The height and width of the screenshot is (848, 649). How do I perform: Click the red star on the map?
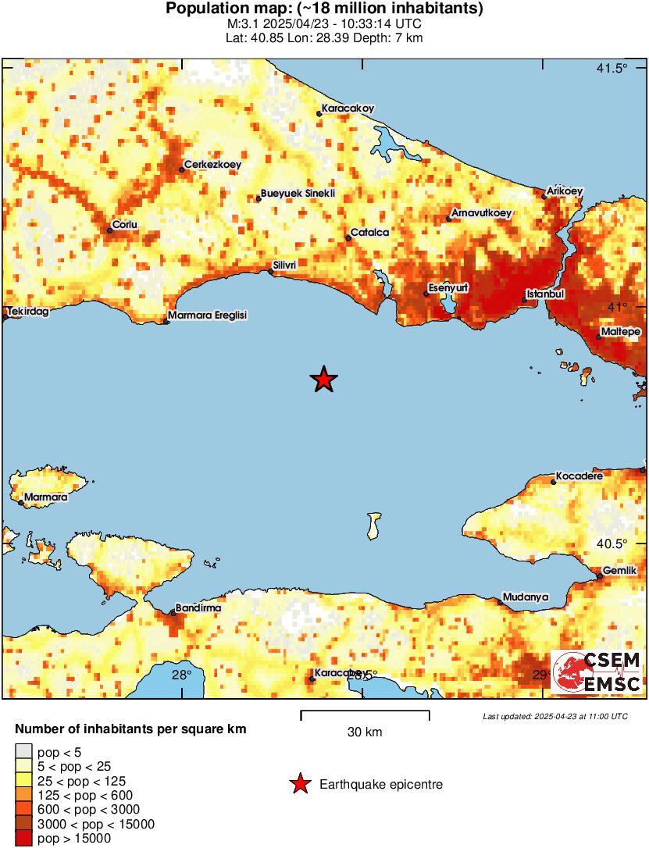click(323, 379)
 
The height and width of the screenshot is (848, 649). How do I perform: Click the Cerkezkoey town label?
click(212, 165)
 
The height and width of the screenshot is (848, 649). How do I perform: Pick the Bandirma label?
click(198, 607)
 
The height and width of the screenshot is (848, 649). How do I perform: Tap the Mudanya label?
click(526, 597)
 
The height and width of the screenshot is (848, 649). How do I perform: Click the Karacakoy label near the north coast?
click(348, 109)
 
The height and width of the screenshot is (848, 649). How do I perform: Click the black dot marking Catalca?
click(348, 238)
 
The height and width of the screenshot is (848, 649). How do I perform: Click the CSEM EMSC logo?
click(597, 672)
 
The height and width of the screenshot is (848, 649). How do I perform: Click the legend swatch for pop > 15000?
click(23, 838)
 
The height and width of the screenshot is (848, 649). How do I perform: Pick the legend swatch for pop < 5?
click(23, 752)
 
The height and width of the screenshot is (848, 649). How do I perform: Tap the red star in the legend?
click(300, 784)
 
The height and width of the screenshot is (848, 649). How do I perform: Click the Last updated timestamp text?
click(555, 716)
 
